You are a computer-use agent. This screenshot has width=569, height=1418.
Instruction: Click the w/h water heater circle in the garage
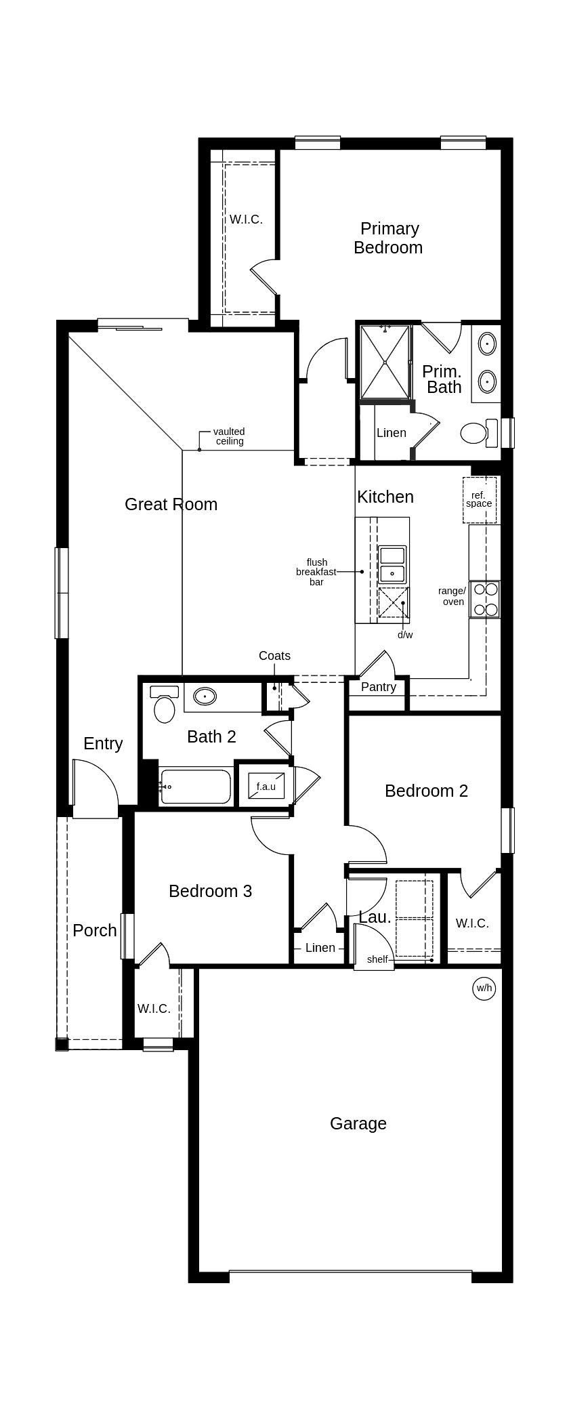click(x=484, y=988)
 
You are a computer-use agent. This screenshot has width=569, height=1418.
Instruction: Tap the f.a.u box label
click(x=266, y=787)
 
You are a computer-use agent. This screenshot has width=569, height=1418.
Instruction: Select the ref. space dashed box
click(x=480, y=500)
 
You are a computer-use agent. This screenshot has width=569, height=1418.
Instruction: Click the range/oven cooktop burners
click(x=485, y=600)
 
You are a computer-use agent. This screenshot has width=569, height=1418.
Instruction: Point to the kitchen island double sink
click(x=392, y=564)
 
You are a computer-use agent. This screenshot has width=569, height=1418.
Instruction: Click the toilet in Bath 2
click(x=164, y=705)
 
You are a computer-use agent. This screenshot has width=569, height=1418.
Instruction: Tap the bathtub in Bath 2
click(x=196, y=787)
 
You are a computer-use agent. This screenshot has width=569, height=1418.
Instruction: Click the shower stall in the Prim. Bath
click(x=385, y=362)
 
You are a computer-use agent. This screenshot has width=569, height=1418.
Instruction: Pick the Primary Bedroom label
click(x=389, y=238)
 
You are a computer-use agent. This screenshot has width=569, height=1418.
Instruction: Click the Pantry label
click(x=379, y=687)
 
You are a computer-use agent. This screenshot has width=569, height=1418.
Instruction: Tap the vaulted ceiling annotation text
click(x=229, y=436)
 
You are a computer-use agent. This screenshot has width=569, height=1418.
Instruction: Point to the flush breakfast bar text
click(x=316, y=572)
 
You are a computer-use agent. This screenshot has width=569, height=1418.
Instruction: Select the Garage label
click(x=358, y=1123)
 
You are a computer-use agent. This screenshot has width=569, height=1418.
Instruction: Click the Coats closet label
click(x=274, y=656)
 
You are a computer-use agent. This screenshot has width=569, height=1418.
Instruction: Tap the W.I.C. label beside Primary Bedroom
click(x=246, y=220)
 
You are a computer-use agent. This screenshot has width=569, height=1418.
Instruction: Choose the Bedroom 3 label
click(x=210, y=891)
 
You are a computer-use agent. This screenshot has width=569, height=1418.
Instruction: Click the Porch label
click(x=95, y=930)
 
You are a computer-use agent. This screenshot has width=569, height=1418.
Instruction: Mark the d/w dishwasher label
click(x=405, y=635)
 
